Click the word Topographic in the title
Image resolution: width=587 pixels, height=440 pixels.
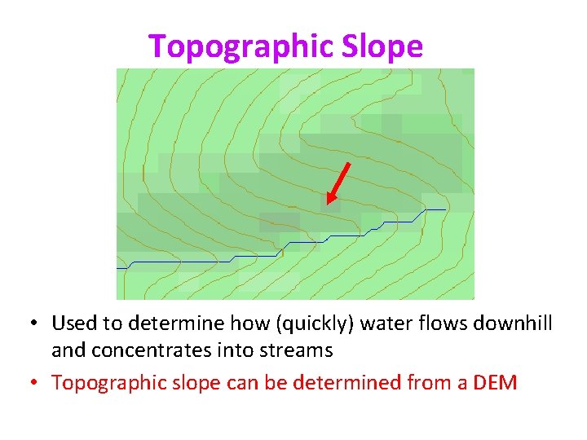(223, 46)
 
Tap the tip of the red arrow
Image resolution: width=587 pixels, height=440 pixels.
(328, 202)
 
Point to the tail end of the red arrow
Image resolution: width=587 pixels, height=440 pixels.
(349, 163)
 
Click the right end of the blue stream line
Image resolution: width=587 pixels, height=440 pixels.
(445, 209)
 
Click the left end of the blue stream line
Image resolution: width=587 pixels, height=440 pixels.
(117, 267)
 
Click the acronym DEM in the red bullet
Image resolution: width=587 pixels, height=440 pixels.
(494, 382)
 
